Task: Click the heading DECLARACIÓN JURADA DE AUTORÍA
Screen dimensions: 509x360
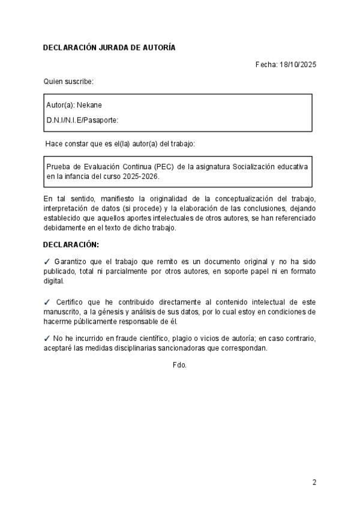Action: [109, 47]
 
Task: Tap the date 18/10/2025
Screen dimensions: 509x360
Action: [298, 64]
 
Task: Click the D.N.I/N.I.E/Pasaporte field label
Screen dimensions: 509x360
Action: [82, 120]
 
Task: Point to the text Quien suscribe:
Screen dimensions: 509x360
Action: [68, 81]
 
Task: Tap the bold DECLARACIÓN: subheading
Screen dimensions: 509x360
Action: [71, 245]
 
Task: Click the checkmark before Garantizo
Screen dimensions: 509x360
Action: [47, 262]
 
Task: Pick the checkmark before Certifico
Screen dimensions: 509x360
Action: [47, 302]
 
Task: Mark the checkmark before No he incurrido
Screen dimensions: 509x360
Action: [47, 338]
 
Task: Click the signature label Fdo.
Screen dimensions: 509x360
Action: [179, 364]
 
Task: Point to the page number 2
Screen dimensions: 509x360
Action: [314, 482]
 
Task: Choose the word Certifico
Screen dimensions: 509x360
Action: [71, 303]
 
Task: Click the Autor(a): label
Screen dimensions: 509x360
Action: [60, 104]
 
